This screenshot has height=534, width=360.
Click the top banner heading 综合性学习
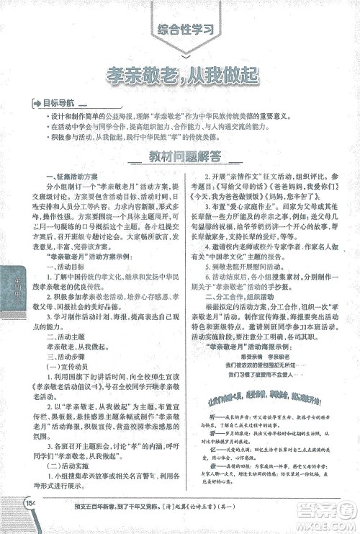click(x=186, y=30)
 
